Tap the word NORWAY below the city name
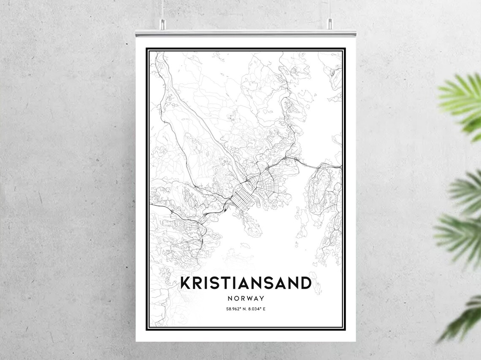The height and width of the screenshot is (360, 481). (246, 298)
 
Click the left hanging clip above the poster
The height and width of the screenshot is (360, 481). (161, 24)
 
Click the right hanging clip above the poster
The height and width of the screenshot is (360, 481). (330, 24)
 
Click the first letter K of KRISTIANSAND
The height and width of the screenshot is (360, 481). (185, 283)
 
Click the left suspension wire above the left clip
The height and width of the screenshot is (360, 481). (161, 8)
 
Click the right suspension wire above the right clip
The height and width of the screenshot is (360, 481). (330, 8)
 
